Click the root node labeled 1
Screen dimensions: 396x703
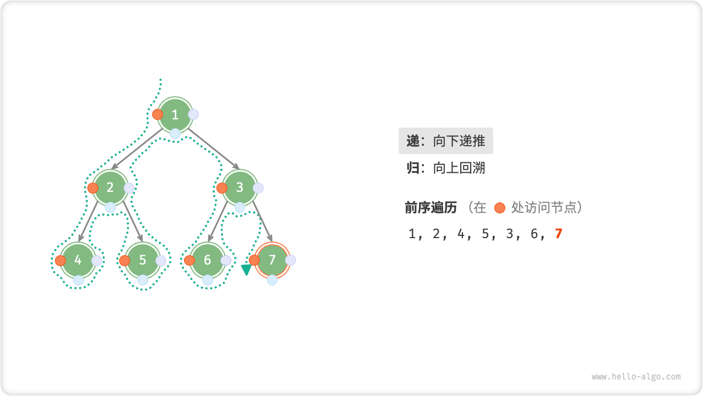tap(175, 115)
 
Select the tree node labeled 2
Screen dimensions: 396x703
tap(110, 188)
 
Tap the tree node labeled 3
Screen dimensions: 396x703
tap(239, 188)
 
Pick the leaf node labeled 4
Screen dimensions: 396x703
tap(78, 260)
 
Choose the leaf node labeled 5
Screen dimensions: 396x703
tap(143, 260)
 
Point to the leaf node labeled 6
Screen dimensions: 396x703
tap(208, 260)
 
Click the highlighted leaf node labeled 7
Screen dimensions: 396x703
tap(272, 260)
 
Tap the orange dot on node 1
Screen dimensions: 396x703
tap(158, 114)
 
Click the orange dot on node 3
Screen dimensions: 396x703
tap(222, 188)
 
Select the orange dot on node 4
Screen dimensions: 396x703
tap(60, 261)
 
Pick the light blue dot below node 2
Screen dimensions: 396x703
tap(110, 207)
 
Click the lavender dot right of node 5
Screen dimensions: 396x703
tap(161, 261)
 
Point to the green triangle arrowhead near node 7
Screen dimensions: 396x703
tap(246, 269)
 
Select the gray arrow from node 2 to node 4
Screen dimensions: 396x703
tap(89, 223)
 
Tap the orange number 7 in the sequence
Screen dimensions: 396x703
tap(559, 234)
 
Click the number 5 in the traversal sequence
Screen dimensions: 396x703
tap(485, 234)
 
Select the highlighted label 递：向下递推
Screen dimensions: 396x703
tap(446, 141)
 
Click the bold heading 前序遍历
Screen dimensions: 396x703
tap(431, 207)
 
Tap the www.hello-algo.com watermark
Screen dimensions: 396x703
tap(636, 377)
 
